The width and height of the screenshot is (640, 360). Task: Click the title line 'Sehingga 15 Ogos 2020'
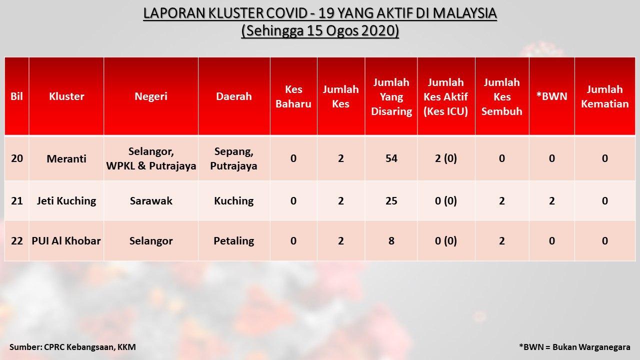pos(320,31)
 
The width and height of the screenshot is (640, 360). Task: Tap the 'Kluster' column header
pos(66,96)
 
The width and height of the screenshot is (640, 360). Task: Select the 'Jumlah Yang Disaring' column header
pos(391,96)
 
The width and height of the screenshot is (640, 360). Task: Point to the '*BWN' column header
pos(551,96)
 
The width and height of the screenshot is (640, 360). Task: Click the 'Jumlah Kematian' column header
pos(605,96)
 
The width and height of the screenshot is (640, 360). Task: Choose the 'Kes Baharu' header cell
pos(293,96)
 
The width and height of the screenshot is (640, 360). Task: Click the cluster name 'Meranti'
pos(66,158)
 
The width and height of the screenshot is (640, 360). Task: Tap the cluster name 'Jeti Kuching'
pos(66,201)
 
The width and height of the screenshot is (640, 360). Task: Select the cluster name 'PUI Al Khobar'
pos(66,241)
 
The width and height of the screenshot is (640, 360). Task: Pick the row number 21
pos(17,201)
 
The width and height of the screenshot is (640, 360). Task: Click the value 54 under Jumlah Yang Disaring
pos(391,158)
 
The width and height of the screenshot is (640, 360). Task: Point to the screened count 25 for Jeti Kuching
pos(391,201)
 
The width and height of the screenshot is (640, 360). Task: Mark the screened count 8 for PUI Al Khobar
pos(391,241)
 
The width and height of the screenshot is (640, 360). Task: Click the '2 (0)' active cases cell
pos(445,158)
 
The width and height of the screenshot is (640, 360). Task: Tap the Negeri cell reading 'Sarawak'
pos(151,201)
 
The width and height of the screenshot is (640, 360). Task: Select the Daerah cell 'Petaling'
pos(233,241)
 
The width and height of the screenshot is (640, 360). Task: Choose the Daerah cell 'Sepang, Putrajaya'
pos(233,158)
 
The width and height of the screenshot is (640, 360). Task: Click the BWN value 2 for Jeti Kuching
pos(551,201)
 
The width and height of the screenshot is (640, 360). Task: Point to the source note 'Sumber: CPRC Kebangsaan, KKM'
pos(72,347)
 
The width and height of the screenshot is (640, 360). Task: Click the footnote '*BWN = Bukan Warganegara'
pos(574,347)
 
